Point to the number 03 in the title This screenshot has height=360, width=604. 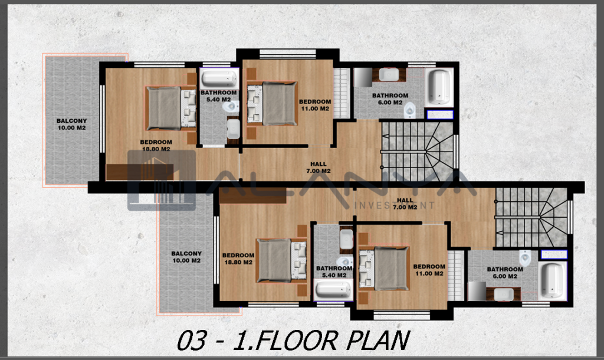pos(192,341)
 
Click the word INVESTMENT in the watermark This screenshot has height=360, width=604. pos(394,205)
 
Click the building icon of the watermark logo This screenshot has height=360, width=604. pos(162,181)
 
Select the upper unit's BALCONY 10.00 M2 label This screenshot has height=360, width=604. pos(71,124)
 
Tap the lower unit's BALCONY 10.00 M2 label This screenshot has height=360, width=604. pos(186,257)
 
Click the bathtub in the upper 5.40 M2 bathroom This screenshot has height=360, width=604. pos(219,78)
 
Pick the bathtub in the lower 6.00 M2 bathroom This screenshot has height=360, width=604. pos(553,281)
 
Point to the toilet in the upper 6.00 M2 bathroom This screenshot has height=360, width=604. pos(409,109)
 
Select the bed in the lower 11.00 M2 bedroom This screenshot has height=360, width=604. pos(383,269)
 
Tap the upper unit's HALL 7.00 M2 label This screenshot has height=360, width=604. pos(319,168)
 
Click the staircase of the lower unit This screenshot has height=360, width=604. pos(531,217)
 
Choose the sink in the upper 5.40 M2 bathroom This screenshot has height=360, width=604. pos(233,129)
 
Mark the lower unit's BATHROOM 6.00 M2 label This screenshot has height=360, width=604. pos(505,273)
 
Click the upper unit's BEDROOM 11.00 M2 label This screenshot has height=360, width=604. pos(315,105)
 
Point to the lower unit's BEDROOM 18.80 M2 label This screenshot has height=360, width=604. pos(238,258)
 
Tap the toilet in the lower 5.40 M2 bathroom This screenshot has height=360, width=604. pos(344,261)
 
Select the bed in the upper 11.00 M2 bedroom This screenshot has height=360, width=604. pos(272,103)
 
